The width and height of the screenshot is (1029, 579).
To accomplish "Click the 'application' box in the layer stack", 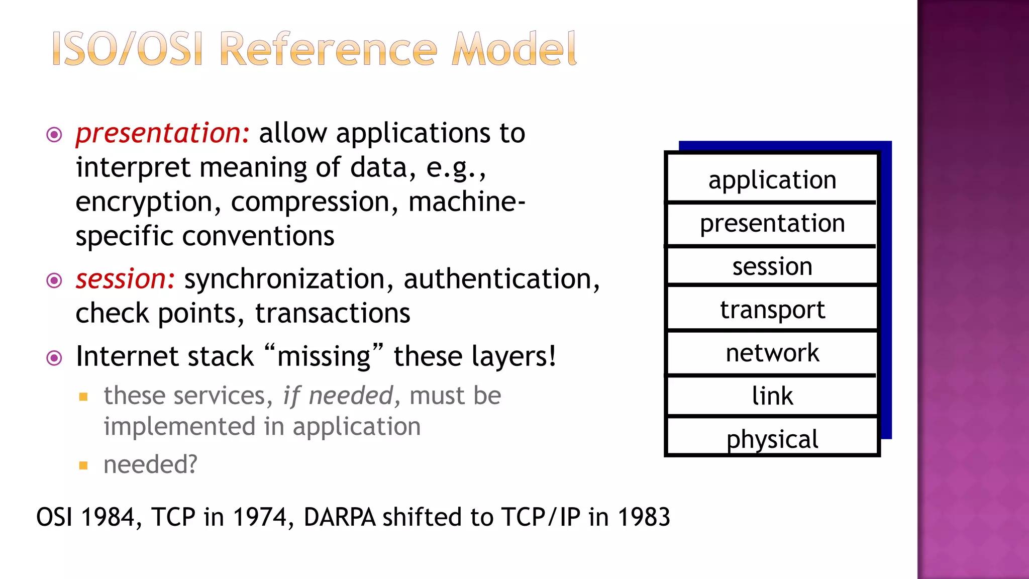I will pyautogui.click(x=772, y=179).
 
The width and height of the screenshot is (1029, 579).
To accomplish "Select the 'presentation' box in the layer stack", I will pyautogui.click(x=772, y=223).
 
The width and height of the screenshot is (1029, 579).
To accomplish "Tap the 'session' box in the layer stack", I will pyautogui.click(x=772, y=266).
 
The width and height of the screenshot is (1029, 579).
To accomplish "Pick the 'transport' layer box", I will pyautogui.click(x=772, y=309).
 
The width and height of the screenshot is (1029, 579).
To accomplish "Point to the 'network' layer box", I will pyautogui.click(x=772, y=353).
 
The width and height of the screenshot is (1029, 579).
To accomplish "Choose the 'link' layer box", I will pyautogui.click(x=772, y=396).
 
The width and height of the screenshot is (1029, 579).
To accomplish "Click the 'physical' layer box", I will pyautogui.click(x=772, y=438).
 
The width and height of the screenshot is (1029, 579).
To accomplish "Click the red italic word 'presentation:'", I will pyautogui.click(x=162, y=134).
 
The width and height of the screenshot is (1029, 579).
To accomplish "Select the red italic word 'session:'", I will pyautogui.click(x=125, y=279).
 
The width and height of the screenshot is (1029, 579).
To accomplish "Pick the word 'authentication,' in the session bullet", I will pyautogui.click(x=501, y=279).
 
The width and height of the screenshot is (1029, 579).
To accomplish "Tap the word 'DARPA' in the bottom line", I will pyautogui.click(x=340, y=517).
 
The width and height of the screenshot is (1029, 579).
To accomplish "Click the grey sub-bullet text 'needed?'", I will pyautogui.click(x=150, y=464).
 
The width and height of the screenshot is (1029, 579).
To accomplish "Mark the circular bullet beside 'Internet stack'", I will pyautogui.click(x=54, y=358).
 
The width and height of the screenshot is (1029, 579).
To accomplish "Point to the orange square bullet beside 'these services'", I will pyautogui.click(x=83, y=397).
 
